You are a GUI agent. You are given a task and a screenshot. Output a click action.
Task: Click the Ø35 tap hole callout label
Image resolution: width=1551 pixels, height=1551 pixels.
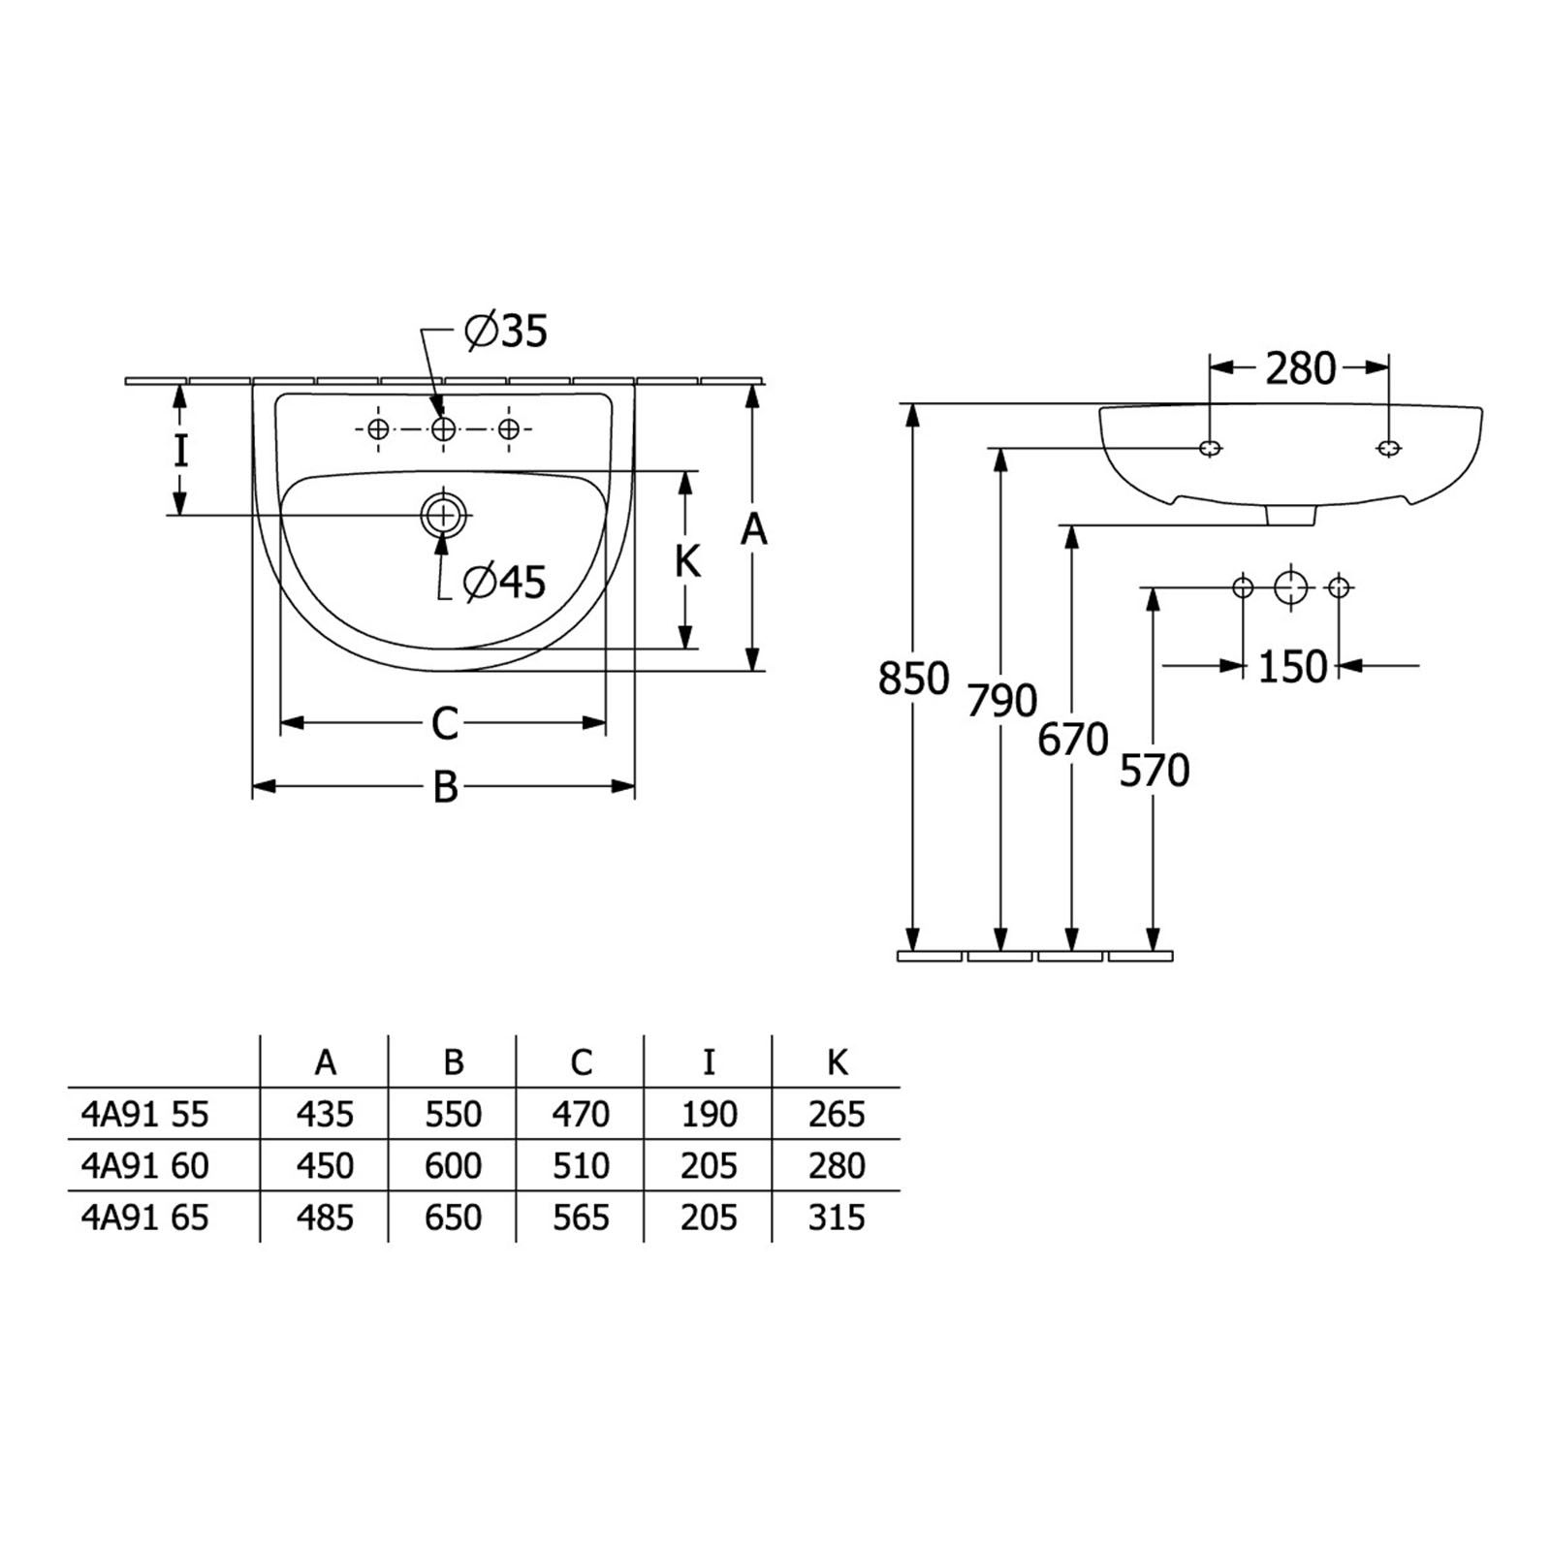pos(506,332)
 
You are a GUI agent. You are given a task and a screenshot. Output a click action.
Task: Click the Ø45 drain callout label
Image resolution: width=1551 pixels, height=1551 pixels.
pos(504,582)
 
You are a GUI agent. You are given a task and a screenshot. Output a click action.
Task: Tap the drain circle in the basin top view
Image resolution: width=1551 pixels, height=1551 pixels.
pos(444,514)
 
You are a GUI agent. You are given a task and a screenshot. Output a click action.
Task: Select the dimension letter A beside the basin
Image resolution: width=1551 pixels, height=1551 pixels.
pos(753,530)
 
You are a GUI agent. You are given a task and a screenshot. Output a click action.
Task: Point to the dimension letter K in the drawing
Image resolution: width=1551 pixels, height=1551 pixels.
pos(687,561)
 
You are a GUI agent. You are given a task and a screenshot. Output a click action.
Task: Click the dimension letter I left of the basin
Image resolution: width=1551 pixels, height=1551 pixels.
pos(180,452)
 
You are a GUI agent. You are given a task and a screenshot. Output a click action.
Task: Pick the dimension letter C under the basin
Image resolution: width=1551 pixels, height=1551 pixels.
pos(444,724)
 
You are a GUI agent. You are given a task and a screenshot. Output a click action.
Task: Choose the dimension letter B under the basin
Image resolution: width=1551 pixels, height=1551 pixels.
pos(445,787)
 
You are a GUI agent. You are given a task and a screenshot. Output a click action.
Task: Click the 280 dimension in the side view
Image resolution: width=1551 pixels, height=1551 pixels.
pos(1300,368)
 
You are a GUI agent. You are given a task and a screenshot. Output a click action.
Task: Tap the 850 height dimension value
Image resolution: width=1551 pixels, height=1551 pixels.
pos(913,679)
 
